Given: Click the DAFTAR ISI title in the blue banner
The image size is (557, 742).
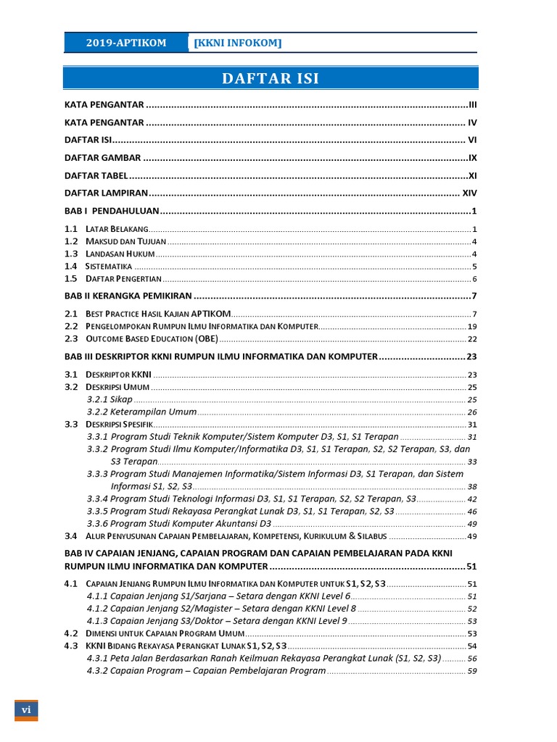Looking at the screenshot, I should point(270,78).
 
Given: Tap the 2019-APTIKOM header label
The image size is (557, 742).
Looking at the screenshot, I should point(126,43).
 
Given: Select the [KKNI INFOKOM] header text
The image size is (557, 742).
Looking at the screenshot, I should point(237,43).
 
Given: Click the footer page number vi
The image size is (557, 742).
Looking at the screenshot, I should point(26,709).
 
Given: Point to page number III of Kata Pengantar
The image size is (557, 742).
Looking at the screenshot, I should point(472,105).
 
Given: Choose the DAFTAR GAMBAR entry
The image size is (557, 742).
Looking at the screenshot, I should point(102,158).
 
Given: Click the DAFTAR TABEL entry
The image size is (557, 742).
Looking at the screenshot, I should point(96,175).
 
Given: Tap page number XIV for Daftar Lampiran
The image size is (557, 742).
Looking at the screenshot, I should point(469,193).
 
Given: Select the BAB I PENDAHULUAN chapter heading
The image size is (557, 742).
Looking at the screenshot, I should point(111,212).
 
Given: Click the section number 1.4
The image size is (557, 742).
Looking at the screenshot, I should point(70,266).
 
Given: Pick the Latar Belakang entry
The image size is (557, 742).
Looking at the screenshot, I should point(117,229).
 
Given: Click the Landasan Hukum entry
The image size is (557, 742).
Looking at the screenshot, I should point(120,254).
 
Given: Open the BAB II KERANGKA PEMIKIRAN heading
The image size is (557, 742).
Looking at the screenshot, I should point(128,296).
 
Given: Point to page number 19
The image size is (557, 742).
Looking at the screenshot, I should point(471,326).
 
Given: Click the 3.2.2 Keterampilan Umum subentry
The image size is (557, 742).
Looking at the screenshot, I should point(141,412).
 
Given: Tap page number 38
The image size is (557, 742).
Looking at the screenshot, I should point(471,486).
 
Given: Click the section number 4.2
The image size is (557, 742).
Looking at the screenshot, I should point(70,633).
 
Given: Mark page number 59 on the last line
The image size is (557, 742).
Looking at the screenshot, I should point(471,671).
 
